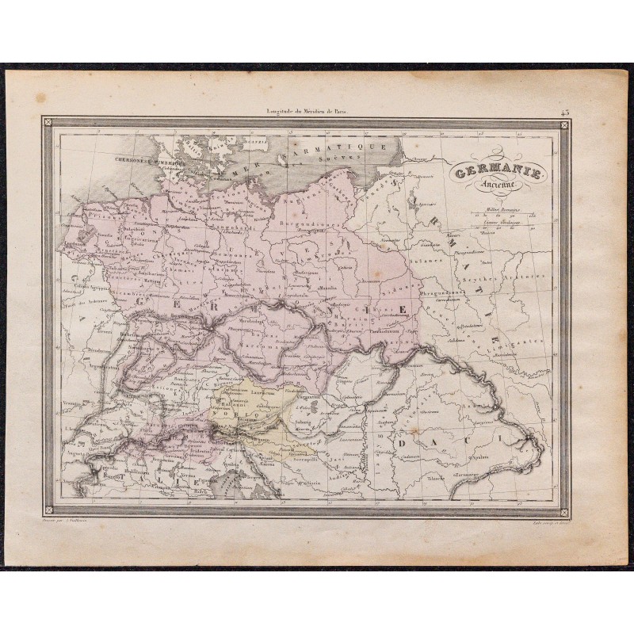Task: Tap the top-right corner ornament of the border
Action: click(564, 123)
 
